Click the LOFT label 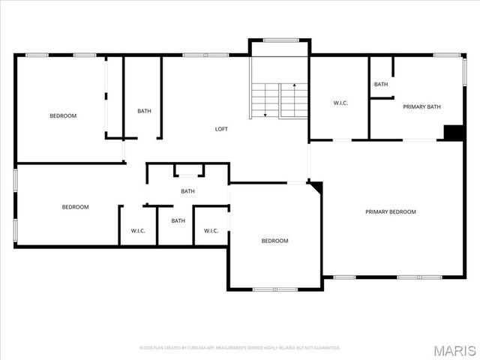221,129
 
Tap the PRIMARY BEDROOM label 390,211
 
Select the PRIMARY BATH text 421,106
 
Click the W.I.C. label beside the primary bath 340,103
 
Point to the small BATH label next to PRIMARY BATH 381,84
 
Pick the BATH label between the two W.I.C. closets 178,220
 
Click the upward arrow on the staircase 294,87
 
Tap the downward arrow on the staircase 264,114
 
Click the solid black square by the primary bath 454,132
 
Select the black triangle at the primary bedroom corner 316,186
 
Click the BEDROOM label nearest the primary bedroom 274,241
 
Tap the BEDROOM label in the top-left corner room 63,115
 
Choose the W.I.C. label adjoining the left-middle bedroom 138,230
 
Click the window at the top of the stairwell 279,40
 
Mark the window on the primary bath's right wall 464,72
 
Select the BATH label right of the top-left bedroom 144,111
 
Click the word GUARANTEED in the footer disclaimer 325,347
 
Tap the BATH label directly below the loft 187,191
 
